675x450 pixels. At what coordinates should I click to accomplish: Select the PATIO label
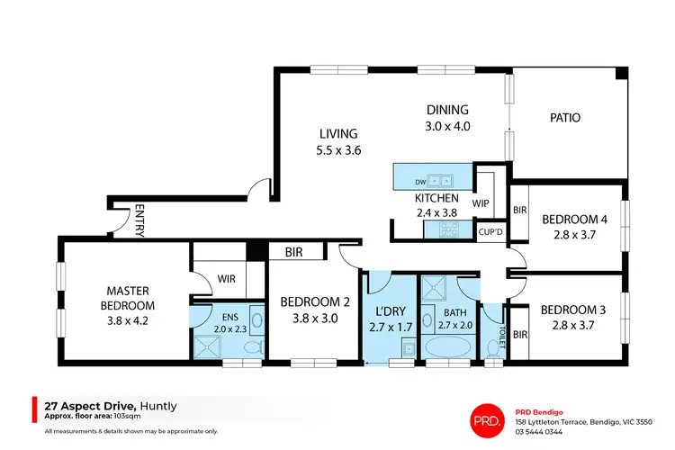564,118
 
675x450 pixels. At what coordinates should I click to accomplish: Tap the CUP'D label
489,231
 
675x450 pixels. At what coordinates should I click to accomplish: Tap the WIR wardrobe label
226,280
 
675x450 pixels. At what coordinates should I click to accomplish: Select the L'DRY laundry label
390,311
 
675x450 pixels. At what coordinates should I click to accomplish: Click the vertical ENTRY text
139,220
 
